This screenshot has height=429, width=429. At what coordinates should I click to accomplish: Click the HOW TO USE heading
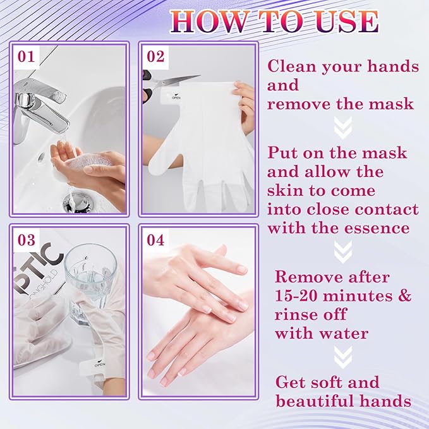pyautogui.click(x=275, y=21)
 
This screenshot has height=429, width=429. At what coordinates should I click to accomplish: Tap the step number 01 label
pyautogui.click(x=25, y=57)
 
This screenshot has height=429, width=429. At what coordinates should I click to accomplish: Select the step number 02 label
pyautogui.click(x=155, y=57)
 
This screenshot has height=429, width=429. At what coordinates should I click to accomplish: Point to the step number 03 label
pyautogui.click(x=25, y=240)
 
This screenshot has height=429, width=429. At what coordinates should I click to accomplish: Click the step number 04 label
pyautogui.click(x=155, y=240)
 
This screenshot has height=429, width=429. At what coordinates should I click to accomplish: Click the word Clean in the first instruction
pyautogui.click(x=291, y=66)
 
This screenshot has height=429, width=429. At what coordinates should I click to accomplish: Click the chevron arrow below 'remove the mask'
pyautogui.click(x=342, y=129)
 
